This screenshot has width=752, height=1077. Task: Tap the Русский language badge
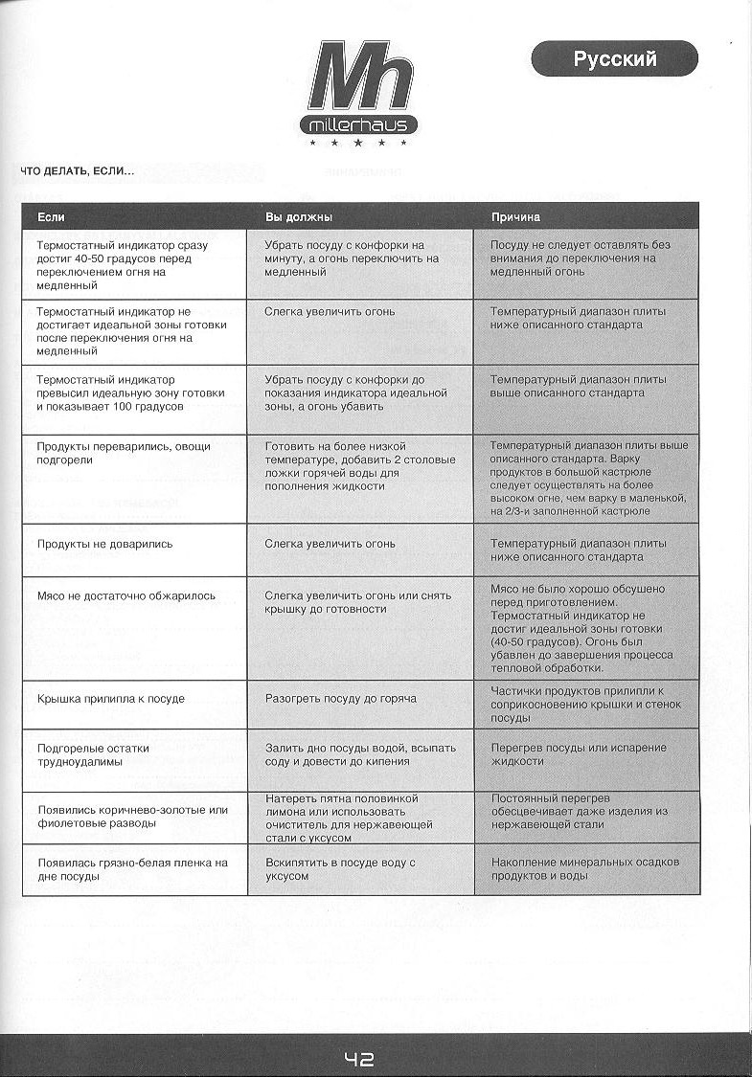pyautogui.click(x=615, y=59)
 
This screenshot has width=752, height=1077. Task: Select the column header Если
pyautogui.click(x=52, y=217)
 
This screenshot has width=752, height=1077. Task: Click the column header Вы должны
pyautogui.click(x=298, y=217)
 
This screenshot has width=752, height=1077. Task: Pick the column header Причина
pyautogui.click(x=516, y=217)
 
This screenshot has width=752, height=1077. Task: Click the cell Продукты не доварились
pyautogui.click(x=104, y=544)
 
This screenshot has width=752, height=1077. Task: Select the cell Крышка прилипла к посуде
pyautogui.click(x=110, y=699)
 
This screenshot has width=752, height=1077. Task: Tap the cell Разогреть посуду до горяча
pyautogui.click(x=340, y=699)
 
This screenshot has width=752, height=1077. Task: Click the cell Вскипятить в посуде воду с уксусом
pyautogui.click(x=340, y=868)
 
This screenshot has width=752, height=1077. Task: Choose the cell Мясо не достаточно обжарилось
pyautogui.click(x=125, y=595)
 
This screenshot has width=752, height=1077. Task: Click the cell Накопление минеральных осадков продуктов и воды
pyautogui.click(x=585, y=868)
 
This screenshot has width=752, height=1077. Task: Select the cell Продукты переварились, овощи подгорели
pyautogui.click(x=123, y=453)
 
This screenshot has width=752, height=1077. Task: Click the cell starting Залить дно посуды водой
pyautogui.click(x=360, y=754)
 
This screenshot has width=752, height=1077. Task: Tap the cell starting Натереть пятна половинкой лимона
pyautogui.click(x=349, y=818)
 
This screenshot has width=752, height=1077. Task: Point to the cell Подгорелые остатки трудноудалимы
pyautogui.click(x=93, y=754)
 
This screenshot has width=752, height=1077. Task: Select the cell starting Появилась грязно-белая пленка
pyautogui.click(x=132, y=868)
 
